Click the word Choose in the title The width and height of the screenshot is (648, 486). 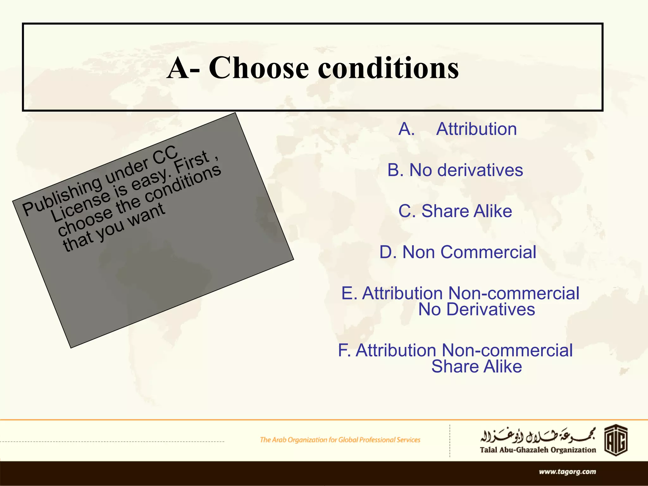259,68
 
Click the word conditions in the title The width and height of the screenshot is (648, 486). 388,68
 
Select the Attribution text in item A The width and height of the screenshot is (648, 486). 476,129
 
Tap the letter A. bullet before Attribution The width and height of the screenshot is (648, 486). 407,129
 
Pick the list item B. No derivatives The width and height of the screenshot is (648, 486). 455,170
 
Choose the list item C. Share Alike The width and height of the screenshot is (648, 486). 455,211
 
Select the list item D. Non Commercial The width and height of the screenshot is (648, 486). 458,252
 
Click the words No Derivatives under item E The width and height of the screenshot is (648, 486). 477,309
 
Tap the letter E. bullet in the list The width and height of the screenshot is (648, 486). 349,293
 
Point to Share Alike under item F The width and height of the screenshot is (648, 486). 477,366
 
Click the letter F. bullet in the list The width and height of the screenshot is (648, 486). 345,351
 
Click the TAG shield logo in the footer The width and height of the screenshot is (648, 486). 616,440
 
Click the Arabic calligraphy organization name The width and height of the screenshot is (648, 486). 538,436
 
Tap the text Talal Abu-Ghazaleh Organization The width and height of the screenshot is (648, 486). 538,450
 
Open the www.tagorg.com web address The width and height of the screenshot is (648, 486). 567,472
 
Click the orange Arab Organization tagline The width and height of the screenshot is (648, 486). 340,440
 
